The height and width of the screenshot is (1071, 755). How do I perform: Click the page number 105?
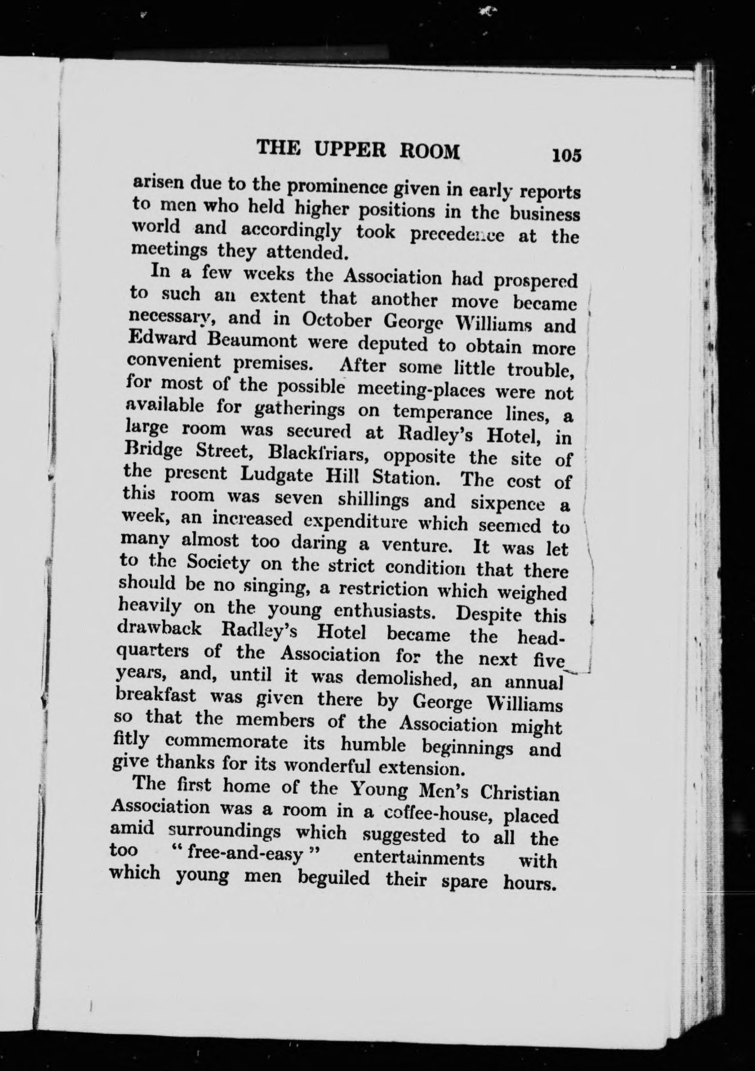[x=566, y=155]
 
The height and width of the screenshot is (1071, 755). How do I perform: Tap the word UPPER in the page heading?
[x=349, y=150]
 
